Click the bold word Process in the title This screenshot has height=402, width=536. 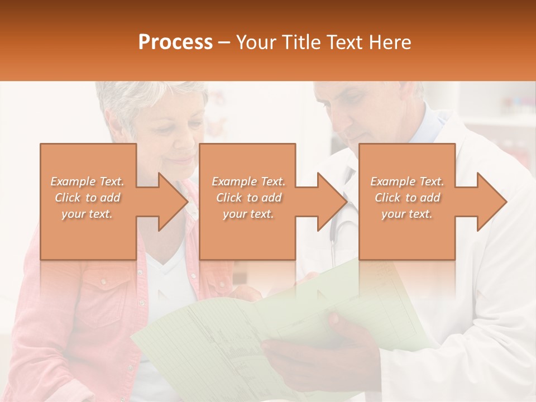coord(175,42)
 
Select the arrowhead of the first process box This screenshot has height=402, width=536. coord(173,202)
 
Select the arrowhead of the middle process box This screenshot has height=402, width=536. coord(333,202)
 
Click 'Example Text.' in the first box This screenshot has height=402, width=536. coord(87,181)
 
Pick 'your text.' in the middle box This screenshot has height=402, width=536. coord(248,214)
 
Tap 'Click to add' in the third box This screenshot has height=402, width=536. coord(407,198)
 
